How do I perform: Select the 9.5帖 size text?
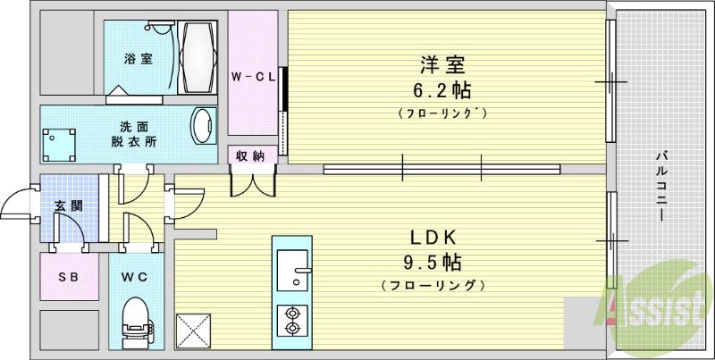pos(433,263)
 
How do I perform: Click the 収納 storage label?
pos(249,156)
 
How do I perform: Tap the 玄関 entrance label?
pos(69,205)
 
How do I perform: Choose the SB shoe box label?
pos(68,277)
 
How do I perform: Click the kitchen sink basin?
pos(292,269)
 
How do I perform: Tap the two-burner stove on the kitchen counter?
pos(291,320)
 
